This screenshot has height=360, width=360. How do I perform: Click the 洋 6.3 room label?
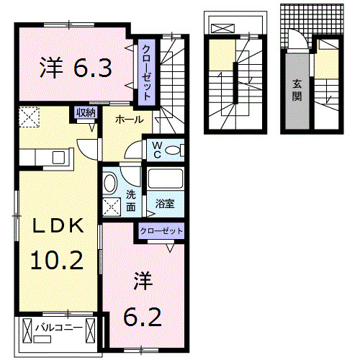75,68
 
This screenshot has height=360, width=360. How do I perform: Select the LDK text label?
57,226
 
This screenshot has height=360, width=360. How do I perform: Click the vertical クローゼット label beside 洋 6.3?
145,69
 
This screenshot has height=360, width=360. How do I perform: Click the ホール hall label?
128,120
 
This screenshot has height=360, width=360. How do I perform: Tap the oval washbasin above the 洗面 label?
111,182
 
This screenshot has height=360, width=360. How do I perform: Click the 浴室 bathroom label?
165,204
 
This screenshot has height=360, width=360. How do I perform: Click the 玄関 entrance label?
297,91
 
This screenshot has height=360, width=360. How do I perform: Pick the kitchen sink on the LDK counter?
55,156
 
